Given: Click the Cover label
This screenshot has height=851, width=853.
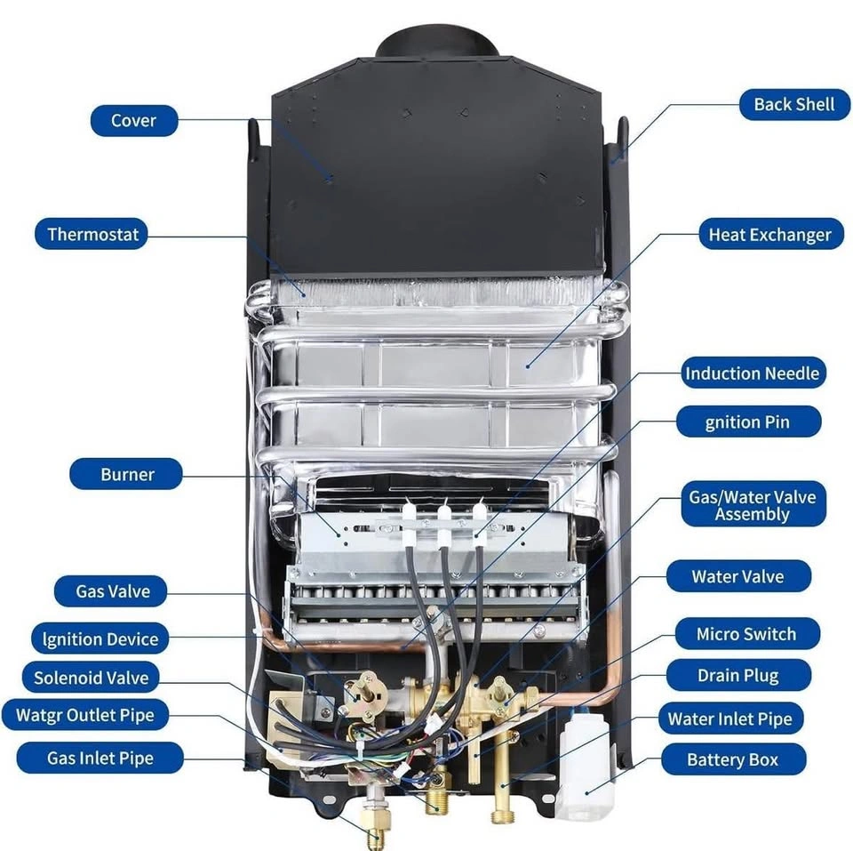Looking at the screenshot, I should (133, 121).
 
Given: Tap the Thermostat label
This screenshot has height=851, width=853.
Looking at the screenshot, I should (93, 235).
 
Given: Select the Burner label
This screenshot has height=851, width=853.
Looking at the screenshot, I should (127, 474).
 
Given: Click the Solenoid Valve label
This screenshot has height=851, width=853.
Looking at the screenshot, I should (91, 678).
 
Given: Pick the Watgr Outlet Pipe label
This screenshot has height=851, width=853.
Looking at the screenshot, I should (84, 715).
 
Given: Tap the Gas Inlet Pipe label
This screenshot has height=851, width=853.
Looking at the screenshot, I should (100, 759).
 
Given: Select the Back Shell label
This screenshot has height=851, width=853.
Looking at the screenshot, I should (793, 104).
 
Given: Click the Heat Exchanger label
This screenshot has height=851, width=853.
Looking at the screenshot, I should (769, 235).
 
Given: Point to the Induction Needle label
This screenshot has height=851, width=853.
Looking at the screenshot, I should (752, 373).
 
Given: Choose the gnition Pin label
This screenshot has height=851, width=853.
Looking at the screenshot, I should (747, 421).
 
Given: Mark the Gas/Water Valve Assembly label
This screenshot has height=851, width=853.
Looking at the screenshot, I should (752, 505).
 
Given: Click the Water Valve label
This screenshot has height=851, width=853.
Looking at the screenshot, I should (737, 576).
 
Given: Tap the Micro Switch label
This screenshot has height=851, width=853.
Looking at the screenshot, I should (745, 634).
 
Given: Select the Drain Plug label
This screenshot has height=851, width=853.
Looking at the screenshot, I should (737, 676).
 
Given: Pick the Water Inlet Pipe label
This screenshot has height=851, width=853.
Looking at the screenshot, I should (729, 719).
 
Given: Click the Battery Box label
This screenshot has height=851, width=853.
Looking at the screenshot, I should (732, 760).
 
